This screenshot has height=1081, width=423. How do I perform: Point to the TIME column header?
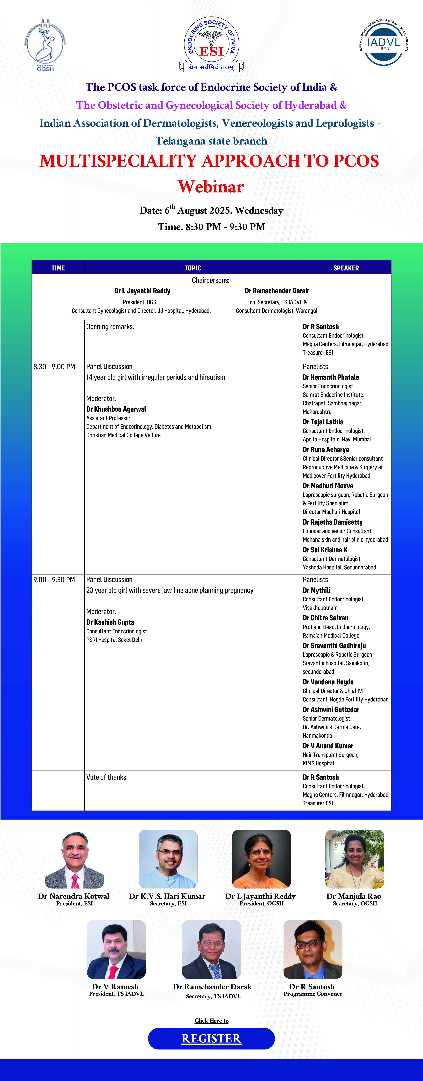(58, 268)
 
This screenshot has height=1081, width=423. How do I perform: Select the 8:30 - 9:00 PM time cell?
(54, 366)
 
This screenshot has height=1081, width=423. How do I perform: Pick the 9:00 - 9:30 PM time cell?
(54, 579)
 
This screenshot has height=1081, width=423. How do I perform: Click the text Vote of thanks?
(106, 777)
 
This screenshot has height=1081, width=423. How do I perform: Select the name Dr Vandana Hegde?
(328, 682)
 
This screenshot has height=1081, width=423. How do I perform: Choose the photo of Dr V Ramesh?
(116, 949)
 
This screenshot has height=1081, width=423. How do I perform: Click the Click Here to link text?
(211, 1020)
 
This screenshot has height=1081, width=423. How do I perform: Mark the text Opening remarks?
(110, 327)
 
